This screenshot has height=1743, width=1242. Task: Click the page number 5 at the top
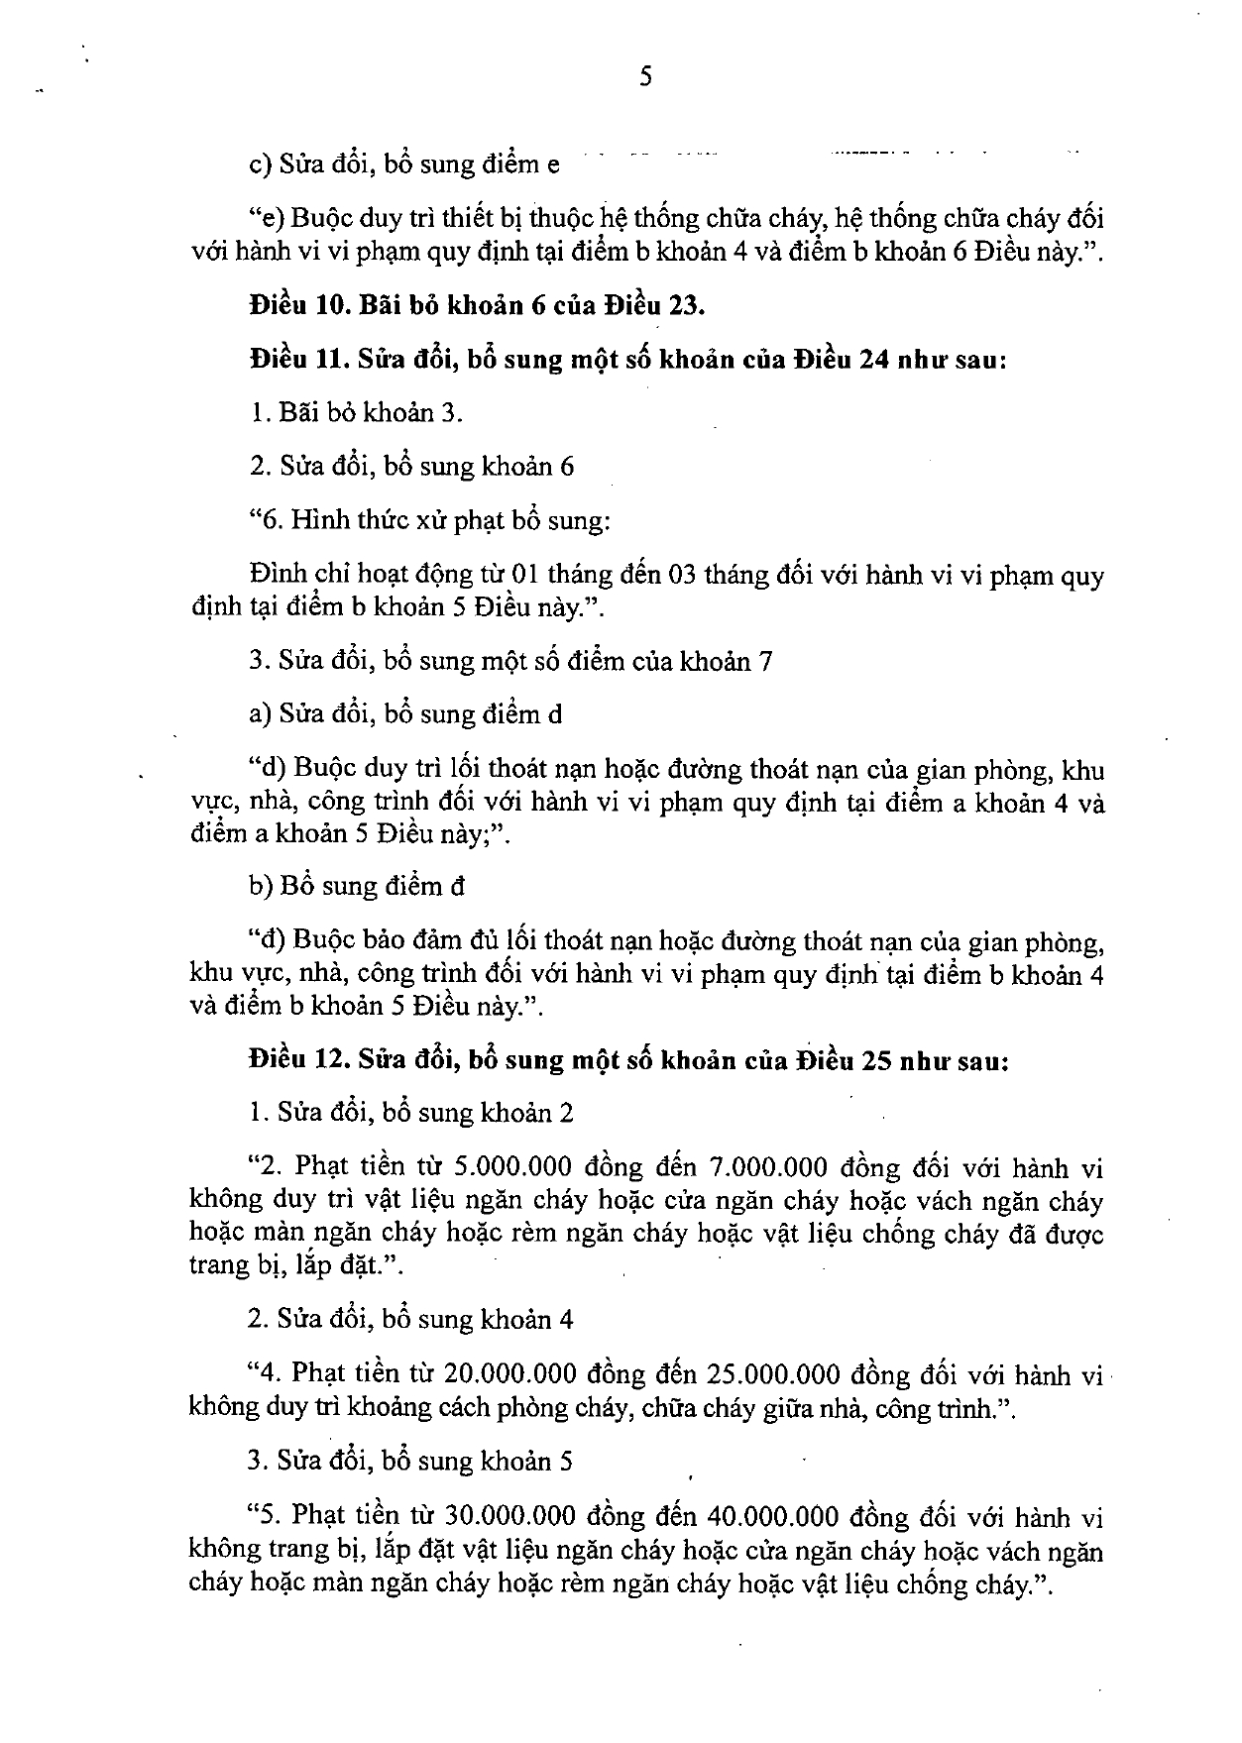click(x=644, y=78)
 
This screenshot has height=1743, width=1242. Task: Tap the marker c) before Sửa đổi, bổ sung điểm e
click(x=261, y=164)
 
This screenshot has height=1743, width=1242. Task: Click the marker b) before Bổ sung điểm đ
click(x=261, y=886)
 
